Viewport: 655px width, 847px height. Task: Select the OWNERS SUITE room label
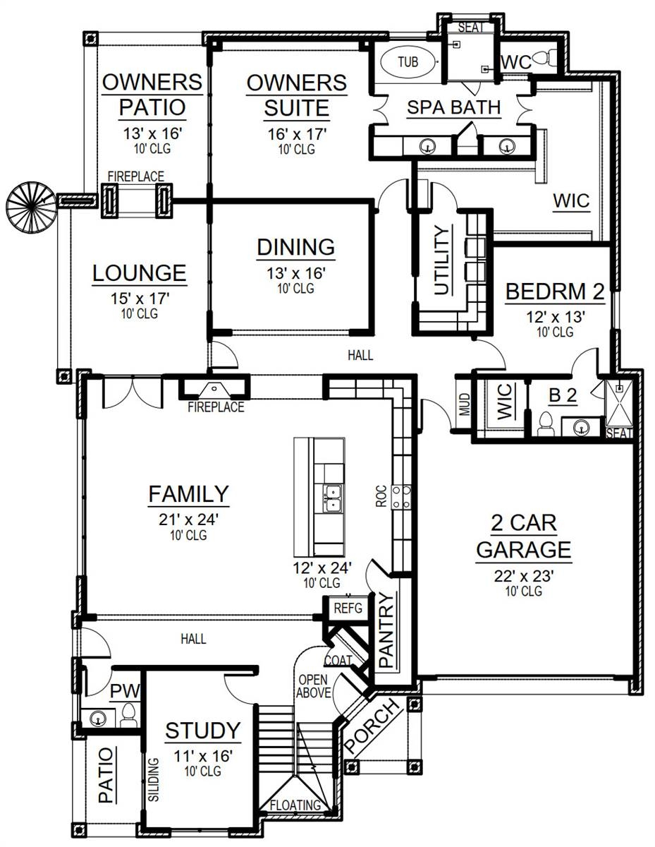[x=297, y=95]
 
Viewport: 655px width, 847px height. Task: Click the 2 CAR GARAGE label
[x=523, y=536]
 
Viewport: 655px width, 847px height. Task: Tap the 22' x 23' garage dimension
[x=523, y=575]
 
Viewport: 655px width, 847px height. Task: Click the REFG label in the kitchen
[x=347, y=607]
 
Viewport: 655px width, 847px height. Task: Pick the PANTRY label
[x=386, y=630]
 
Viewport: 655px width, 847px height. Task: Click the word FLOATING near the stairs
[x=295, y=805]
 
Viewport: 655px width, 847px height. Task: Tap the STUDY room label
[x=203, y=731]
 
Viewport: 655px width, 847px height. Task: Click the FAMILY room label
[x=188, y=494]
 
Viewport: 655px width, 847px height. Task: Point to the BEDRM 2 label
[x=546, y=292]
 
